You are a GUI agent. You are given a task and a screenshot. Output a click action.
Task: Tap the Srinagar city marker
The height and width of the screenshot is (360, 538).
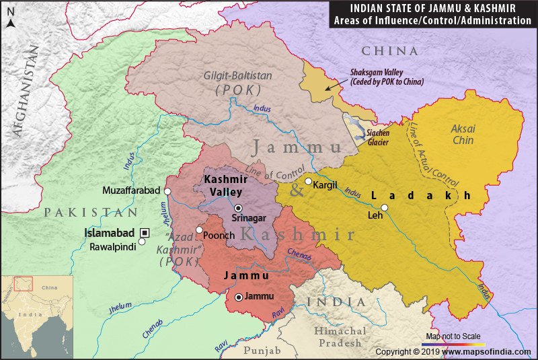(x=238, y=207)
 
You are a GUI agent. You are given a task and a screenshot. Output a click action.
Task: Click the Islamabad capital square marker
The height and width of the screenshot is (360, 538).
(x=145, y=232)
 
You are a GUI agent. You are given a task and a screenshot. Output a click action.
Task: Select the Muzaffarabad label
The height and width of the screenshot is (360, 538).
(x=131, y=191)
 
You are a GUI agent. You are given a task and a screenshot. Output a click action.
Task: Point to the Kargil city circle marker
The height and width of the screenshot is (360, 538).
(x=308, y=182)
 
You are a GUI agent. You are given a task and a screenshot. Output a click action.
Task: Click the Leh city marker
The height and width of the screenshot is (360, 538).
(x=384, y=207)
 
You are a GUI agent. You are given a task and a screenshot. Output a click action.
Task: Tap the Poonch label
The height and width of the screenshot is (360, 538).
(x=219, y=236)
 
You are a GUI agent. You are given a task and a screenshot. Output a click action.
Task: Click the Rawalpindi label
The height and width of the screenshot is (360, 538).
(x=113, y=248)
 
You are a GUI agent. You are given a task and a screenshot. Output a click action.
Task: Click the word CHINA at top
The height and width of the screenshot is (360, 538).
(x=389, y=51)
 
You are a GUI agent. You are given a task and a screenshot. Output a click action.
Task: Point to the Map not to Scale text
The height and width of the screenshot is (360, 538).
(x=456, y=336)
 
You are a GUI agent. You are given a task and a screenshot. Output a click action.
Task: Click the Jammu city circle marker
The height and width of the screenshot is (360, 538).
(x=238, y=296)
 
